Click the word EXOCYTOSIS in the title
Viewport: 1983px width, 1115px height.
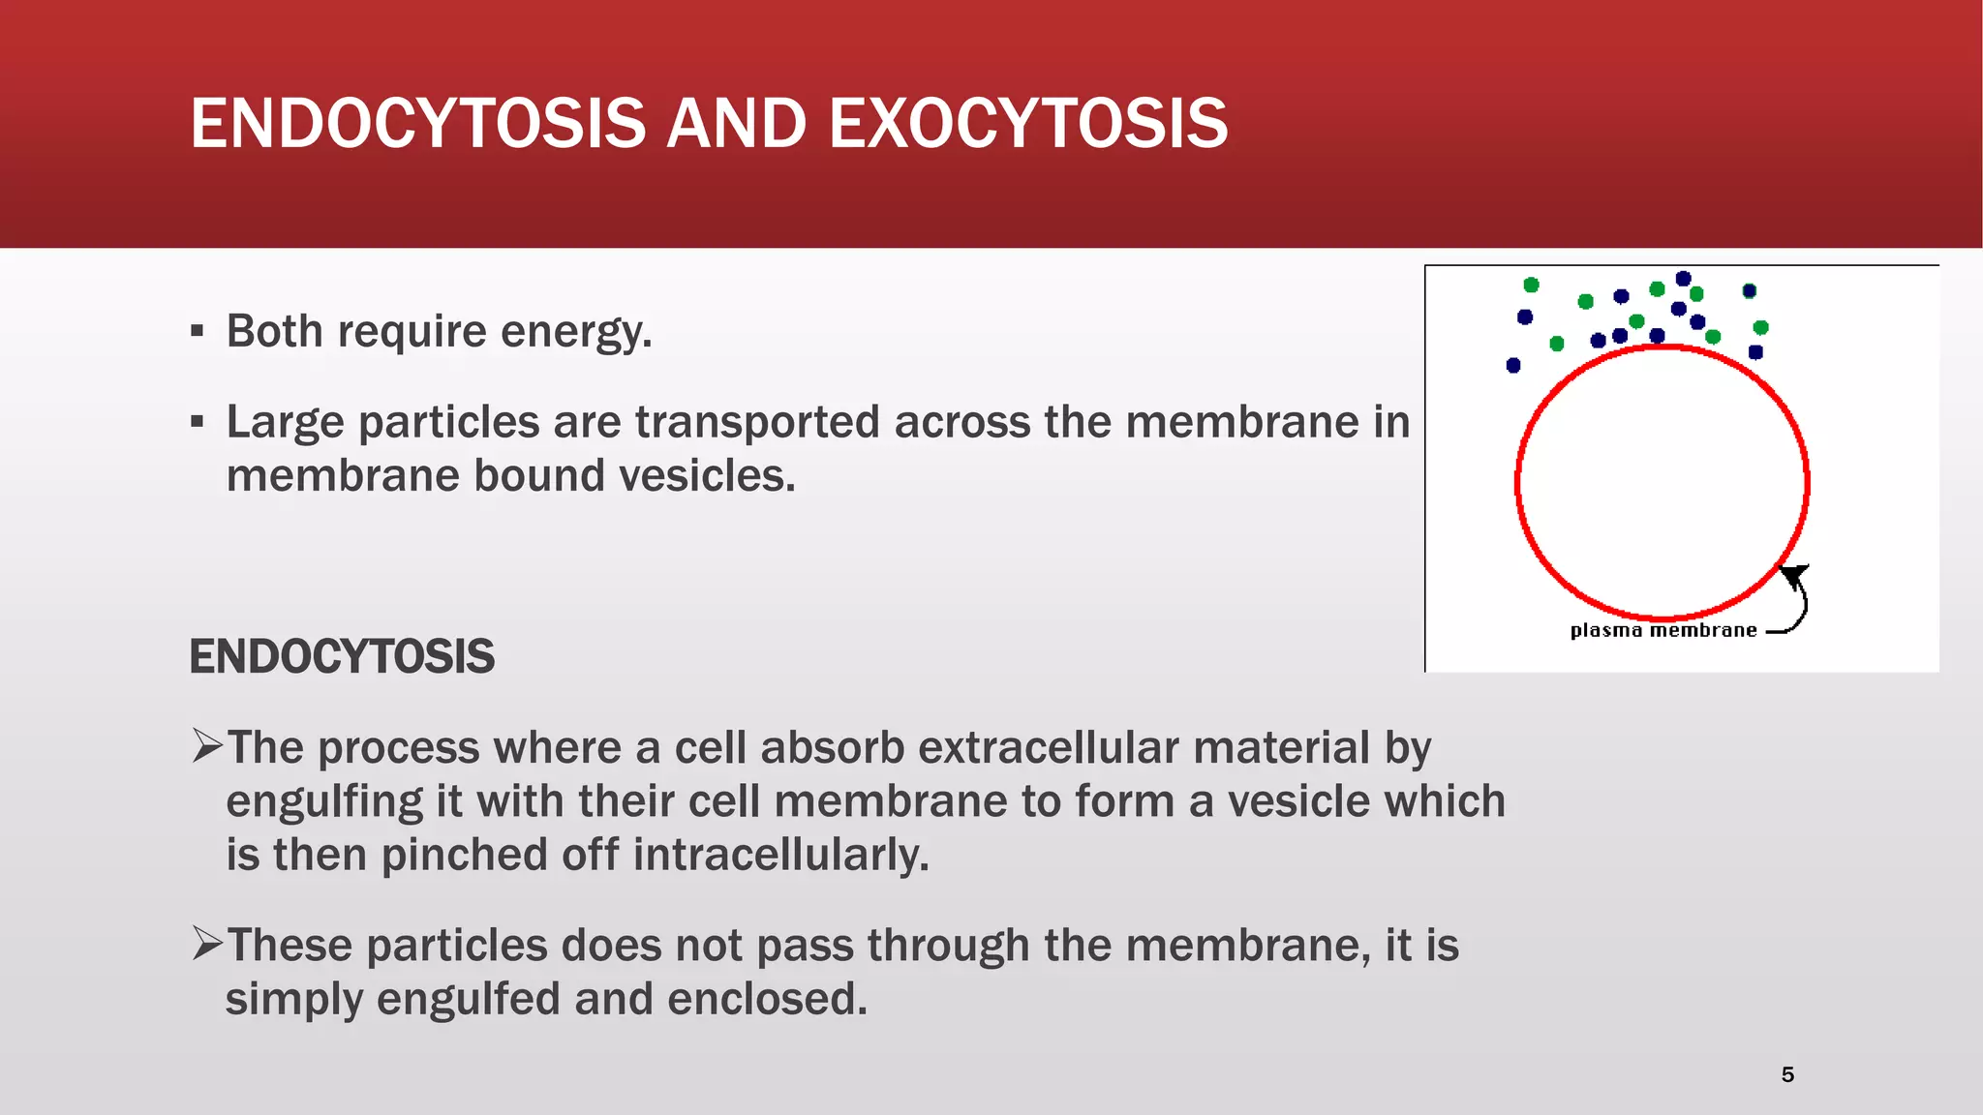click(1027, 124)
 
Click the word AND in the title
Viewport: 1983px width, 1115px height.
click(736, 124)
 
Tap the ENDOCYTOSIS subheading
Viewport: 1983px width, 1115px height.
click(341, 657)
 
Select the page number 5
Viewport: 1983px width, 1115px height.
click(1787, 1074)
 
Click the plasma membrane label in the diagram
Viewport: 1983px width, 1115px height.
click(1663, 631)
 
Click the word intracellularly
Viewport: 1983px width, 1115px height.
click(780, 856)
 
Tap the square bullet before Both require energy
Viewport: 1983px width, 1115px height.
click(198, 332)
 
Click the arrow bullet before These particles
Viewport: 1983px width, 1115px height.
click(207, 943)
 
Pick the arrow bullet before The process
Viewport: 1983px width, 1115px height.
click(207, 745)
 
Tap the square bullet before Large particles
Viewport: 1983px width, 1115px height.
click(198, 423)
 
